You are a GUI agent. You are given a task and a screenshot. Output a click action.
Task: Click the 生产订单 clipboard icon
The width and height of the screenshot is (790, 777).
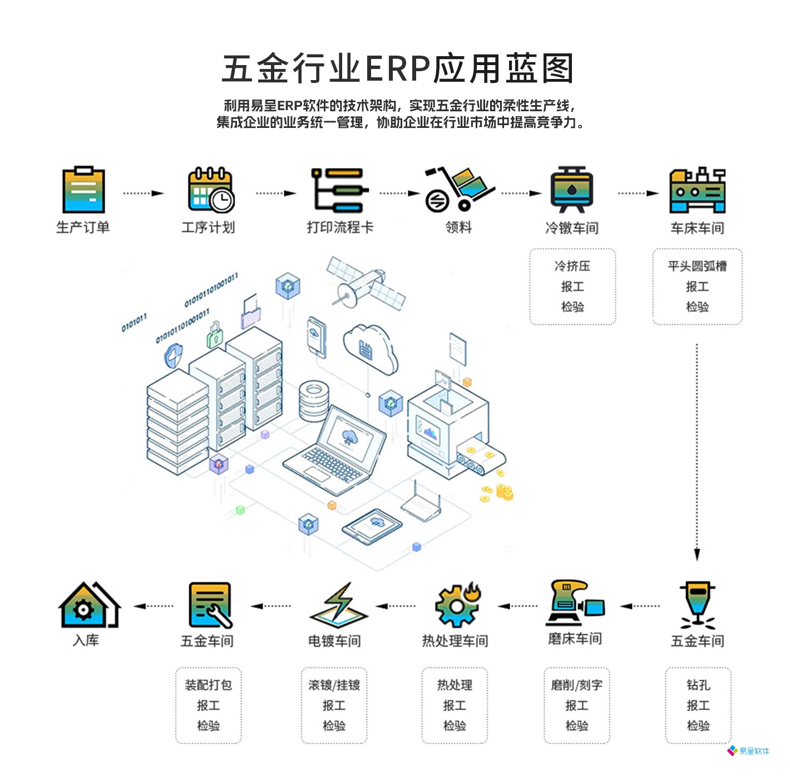[83, 190]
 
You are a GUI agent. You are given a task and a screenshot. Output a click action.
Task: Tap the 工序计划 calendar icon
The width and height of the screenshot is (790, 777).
[210, 190]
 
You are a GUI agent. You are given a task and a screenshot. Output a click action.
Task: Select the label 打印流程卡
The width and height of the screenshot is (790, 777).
[340, 227]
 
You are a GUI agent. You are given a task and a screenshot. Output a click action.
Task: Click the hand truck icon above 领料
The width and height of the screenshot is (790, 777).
[458, 189]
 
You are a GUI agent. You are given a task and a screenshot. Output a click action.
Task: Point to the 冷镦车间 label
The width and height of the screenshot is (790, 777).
[572, 228]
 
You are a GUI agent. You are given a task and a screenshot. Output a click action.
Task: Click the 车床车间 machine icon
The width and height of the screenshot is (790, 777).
[698, 191]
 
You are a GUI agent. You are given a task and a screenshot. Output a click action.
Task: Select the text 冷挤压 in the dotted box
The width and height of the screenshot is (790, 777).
[572, 266]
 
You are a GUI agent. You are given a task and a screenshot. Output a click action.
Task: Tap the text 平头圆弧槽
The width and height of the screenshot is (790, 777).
[697, 266]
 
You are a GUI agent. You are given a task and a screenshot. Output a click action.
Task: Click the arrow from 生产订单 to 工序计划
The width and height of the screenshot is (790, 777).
[144, 194]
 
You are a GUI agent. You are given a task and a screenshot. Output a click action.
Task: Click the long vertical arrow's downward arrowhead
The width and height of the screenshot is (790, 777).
[697, 554]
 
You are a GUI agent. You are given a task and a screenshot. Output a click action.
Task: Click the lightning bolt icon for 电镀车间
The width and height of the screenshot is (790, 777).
[339, 604]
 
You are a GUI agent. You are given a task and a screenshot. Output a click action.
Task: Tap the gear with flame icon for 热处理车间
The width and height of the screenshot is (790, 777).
[457, 605]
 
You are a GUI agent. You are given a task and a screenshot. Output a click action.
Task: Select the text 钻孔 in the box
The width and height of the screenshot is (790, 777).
[698, 685]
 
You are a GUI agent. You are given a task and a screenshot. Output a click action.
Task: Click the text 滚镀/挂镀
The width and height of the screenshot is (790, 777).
[334, 685]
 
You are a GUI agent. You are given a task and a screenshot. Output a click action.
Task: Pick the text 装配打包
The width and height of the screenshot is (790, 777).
[209, 685]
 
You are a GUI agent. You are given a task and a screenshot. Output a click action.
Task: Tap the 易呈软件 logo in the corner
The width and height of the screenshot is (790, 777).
[749, 751]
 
